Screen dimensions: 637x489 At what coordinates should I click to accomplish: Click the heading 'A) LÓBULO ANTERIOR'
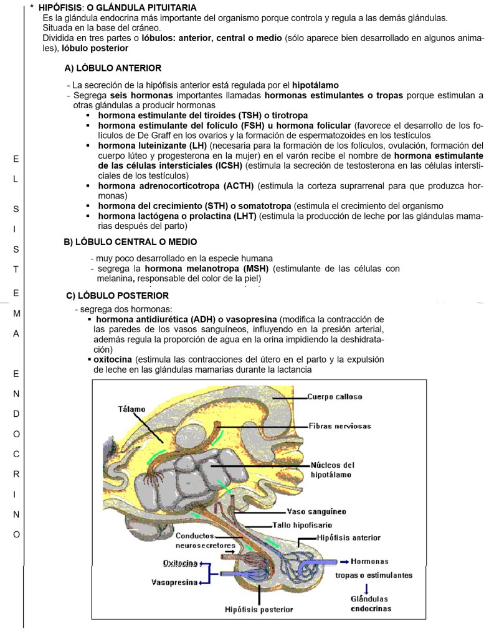point(113,68)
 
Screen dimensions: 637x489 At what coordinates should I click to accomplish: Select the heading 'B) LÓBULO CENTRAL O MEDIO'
point(131,241)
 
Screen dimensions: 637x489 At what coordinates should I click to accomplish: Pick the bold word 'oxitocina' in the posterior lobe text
point(113,360)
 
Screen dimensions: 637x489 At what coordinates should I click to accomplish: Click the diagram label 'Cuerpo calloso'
point(335,397)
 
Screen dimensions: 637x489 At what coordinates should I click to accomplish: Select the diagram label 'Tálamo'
point(131,409)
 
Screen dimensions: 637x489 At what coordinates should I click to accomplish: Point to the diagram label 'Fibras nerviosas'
point(339,426)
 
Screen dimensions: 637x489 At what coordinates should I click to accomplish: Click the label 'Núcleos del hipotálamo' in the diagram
point(332,470)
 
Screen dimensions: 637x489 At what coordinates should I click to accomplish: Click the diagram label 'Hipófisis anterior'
point(348,537)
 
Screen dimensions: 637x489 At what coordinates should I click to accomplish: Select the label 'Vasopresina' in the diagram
point(174,582)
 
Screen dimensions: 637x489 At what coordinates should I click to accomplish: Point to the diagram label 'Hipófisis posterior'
point(259,609)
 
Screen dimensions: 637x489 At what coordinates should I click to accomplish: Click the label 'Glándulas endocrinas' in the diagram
point(371,603)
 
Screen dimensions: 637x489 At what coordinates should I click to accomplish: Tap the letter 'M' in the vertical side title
point(16,313)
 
